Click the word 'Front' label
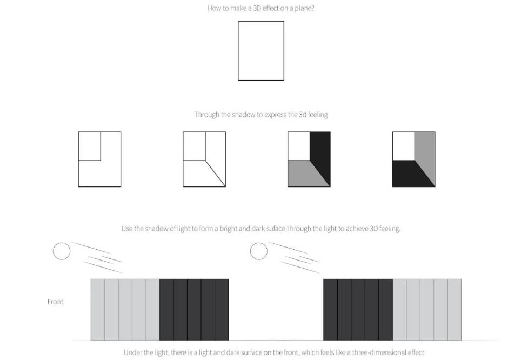coord(55,302)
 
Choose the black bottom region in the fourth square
coord(410,174)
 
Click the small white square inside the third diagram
coord(299,146)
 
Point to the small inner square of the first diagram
coord(101,146)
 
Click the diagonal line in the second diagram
coord(216,174)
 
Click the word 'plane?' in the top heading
coord(304,9)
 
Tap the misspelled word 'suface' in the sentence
coord(276,229)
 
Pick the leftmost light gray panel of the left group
coord(98,310)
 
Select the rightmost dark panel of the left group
coord(222,310)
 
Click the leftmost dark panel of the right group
coord(330,310)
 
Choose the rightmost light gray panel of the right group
coord(455,310)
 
